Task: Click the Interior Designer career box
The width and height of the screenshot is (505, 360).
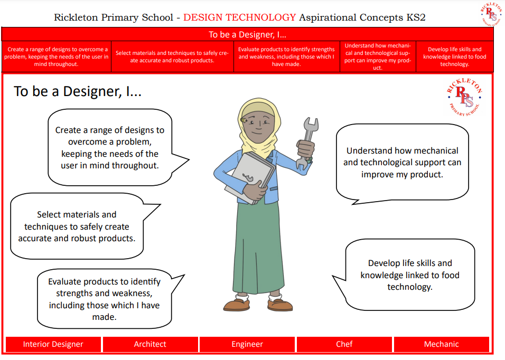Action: [x=53, y=344]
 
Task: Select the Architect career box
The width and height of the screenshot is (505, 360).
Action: [x=150, y=344]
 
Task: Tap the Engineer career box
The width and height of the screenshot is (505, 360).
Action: [x=247, y=344]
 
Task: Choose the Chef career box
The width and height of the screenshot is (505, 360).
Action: [x=344, y=344]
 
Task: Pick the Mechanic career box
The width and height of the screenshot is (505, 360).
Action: [x=441, y=344]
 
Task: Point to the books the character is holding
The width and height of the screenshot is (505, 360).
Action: [x=250, y=177]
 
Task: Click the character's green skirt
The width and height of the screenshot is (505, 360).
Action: [x=258, y=248]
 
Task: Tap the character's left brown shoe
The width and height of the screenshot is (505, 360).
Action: [x=237, y=305]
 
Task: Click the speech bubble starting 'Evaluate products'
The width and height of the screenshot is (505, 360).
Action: [x=105, y=299]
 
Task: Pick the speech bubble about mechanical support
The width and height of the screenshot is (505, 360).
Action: [x=403, y=163]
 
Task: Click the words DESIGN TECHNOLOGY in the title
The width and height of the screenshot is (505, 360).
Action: [x=240, y=17]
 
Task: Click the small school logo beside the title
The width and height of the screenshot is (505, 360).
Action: [x=491, y=14]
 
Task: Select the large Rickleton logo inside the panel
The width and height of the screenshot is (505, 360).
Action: [x=464, y=97]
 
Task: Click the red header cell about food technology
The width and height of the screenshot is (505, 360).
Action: [x=454, y=56]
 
